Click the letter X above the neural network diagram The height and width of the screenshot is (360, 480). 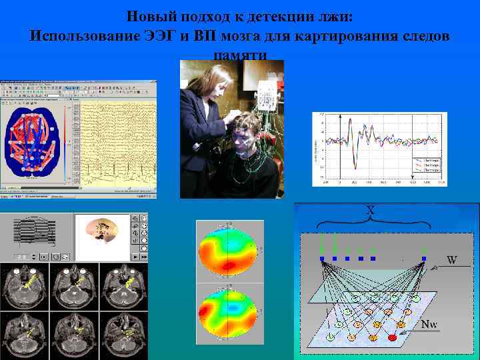[371, 210]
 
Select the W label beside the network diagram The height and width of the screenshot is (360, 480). [451, 259]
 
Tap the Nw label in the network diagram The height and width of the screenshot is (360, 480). [429, 325]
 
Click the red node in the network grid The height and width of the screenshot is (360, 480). [392, 337]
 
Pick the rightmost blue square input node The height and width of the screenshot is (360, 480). [423, 258]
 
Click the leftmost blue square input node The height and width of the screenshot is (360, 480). [322, 258]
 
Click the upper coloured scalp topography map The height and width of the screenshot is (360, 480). [227, 251]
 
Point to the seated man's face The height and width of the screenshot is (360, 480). [245, 137]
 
